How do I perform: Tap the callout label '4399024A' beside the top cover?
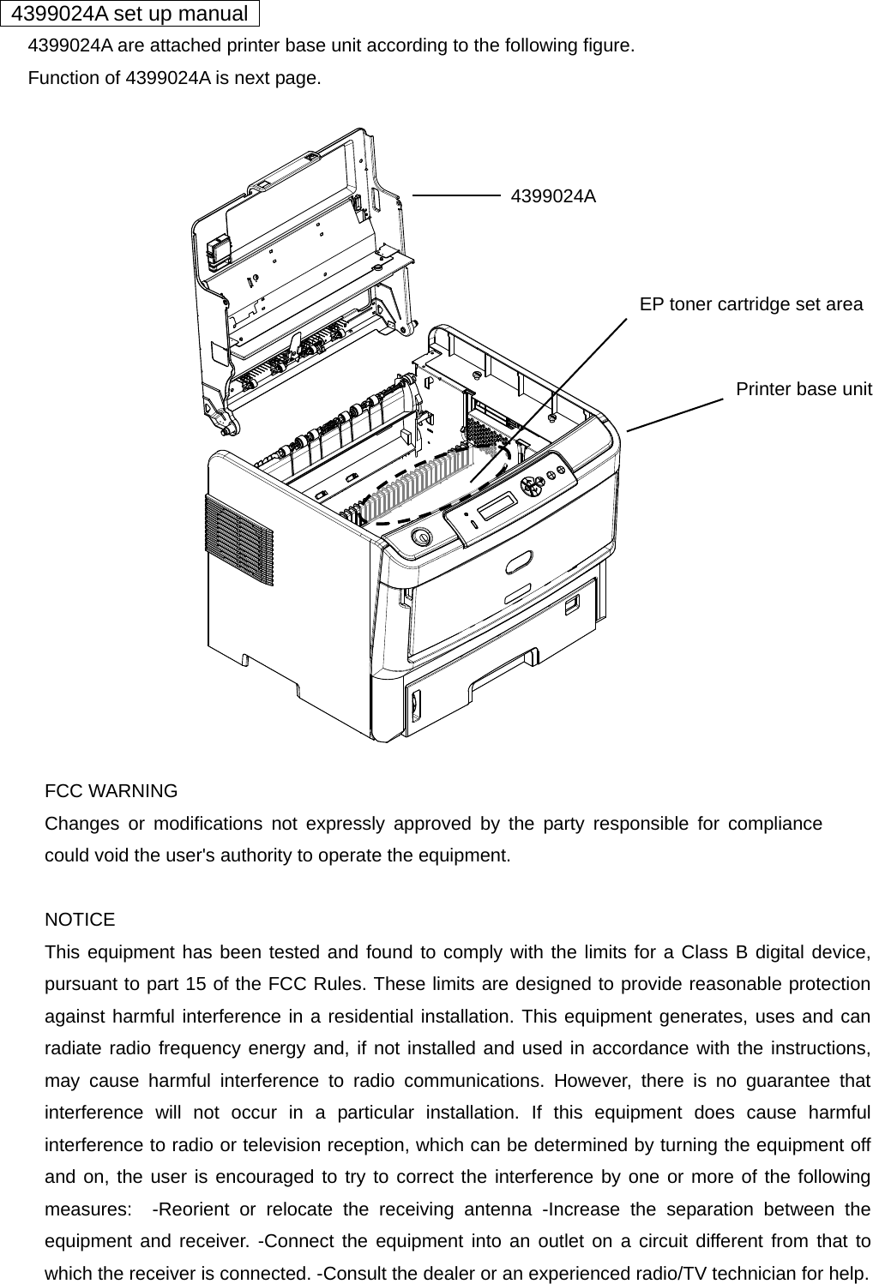553,196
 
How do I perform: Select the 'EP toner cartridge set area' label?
751,304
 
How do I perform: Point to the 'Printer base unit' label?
804,389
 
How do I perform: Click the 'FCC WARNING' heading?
111,791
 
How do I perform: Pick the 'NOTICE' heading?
80,920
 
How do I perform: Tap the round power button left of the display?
421,537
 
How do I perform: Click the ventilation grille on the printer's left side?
238,540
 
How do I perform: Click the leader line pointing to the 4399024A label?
456,195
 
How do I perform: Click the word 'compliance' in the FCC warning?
774,824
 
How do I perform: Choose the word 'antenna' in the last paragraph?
498,1209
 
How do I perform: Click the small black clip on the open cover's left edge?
218,249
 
